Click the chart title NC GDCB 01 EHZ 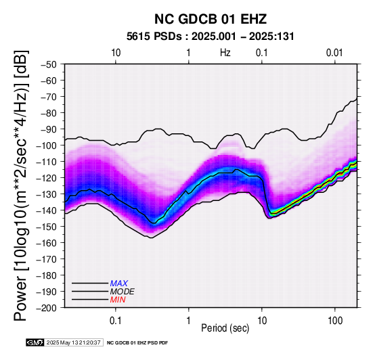(211, 19)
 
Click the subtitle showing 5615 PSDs (211, 37)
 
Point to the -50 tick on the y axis (49, 64)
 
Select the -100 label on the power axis (47, 145)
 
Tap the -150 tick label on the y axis (47, 227)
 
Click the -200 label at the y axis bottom (47, 308)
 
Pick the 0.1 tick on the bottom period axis (116, 321)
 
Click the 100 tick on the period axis (335, 321)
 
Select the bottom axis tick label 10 (262, 321)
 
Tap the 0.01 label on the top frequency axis (334, 53)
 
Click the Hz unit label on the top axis (225, 53)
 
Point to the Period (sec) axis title (225, 328)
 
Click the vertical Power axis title (21, 185)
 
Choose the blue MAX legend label (119, 284)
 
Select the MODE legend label (123, 292)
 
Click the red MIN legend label (118, 300)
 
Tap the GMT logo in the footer (35, 342)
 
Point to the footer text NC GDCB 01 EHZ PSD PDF (137, 343)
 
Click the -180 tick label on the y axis (47, 275)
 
